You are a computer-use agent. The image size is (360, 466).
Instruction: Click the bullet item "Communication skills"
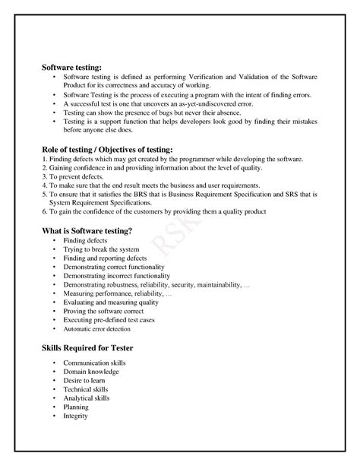click(95, 363)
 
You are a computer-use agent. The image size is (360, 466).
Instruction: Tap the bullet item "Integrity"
click(77, 416)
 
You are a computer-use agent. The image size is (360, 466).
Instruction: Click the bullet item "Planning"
click(77, 407)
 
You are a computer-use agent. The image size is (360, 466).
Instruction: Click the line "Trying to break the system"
click(101, 250)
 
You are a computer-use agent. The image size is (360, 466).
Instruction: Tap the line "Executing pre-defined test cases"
click(109, 320)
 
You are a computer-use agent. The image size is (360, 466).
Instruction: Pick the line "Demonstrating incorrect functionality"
click(117, 276)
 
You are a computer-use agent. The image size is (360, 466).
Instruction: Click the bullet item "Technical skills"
click(86, 390)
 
